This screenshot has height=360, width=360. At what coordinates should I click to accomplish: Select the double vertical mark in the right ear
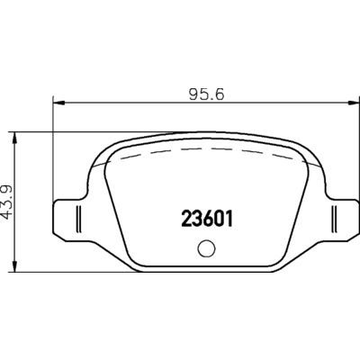(x=334, y=218)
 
